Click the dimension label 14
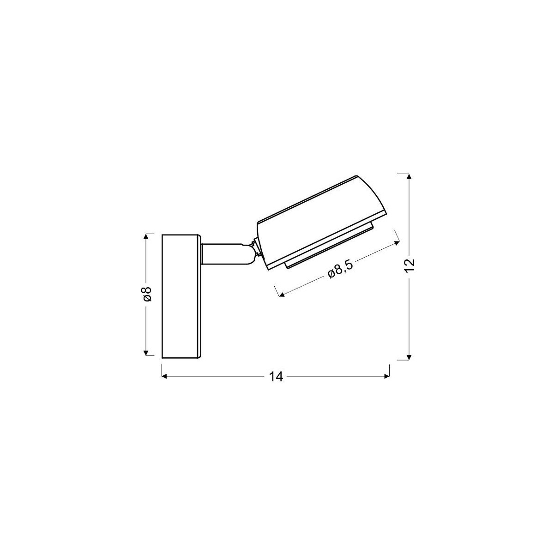(276, 377)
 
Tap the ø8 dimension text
(147, 294)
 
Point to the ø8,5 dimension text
(340, 271)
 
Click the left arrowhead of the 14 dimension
(164, 376)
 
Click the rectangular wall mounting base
(181, 296)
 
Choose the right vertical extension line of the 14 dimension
(390, 371)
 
